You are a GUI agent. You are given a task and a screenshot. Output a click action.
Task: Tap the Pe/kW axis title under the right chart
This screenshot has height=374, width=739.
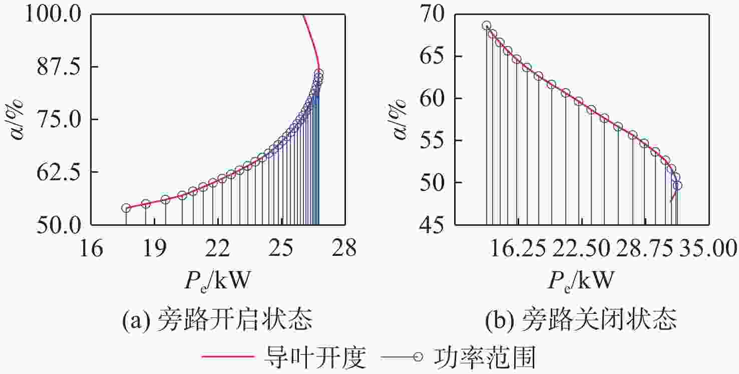coord(580,281)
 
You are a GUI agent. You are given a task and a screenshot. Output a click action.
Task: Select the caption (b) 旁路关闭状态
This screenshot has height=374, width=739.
coord(581,319)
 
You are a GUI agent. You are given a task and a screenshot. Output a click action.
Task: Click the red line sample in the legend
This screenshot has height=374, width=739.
coord(228,357)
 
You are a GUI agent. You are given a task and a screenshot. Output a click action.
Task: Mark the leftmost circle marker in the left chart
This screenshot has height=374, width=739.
coord(126,208)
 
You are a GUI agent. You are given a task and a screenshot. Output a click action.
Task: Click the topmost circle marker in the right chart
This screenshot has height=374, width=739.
coord(486,26)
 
